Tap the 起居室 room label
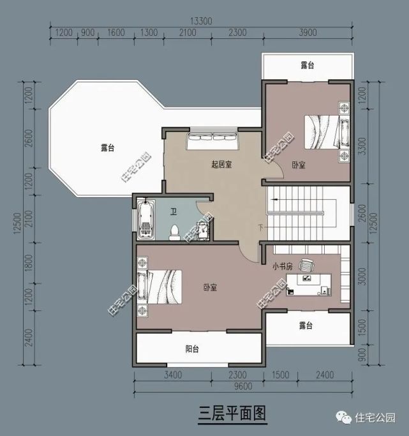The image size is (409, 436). tap(221, 165)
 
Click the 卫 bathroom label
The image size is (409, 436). tap(174, 211)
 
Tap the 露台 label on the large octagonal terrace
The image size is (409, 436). tap(107, 148)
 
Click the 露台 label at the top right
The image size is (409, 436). tap(308, 66)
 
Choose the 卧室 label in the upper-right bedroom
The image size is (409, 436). tap(298, 165)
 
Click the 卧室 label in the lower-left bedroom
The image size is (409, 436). tap(210, 288)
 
